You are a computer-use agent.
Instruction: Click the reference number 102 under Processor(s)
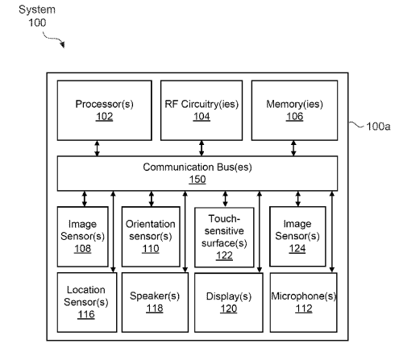click(104, 117)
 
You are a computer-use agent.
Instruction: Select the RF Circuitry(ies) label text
click(202, 104)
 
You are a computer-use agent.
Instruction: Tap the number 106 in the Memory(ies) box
click(294, 117)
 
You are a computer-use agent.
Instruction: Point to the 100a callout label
click(378, 126)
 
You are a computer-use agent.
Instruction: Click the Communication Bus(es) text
click(197, 167)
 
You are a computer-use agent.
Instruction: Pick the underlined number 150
click(197, 180)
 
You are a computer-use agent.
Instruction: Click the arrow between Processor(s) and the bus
click(97, 148)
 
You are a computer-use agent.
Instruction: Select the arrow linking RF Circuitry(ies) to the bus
click(202, 148)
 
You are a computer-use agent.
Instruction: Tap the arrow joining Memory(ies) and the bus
click(293, 148)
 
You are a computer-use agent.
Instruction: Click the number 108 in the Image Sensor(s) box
click(83, 249)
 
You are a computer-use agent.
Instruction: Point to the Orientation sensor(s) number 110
click(151, 249)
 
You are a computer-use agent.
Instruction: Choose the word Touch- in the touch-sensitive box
click(224, 218)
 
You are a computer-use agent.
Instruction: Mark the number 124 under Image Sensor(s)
click(297, 248)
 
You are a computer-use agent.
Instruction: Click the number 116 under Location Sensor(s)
click(86, 314)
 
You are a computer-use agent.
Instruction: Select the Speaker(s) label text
click(155, 296)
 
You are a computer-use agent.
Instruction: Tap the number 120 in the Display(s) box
click(229, 308)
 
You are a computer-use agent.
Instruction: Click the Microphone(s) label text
click(304, 296)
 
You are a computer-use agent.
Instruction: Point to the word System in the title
click(37, 10)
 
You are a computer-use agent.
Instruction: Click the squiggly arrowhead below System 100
click(62, 44)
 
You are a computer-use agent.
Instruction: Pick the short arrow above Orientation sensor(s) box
click(152, 199)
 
